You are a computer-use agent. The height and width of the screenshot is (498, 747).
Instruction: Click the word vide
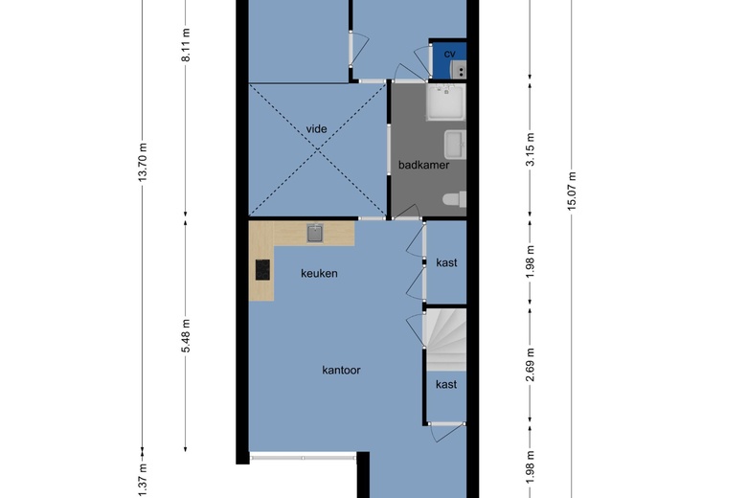coord(316,129)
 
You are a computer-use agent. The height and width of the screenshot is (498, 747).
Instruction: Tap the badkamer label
coord(423,165)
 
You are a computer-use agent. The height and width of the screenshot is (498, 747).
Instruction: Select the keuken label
coord(319,274)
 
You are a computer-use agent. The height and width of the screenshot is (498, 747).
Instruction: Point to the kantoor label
coord(341,371)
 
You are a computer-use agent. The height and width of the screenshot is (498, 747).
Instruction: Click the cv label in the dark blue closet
coord(449,54)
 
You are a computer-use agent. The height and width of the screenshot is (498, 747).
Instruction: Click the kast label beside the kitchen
coord(446,262)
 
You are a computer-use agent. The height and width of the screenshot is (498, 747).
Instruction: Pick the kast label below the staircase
coord(446,385)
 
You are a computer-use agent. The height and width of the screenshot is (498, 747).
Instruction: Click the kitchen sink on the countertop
coord(315,233)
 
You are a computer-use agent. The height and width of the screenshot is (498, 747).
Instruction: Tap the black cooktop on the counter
coord(262,270)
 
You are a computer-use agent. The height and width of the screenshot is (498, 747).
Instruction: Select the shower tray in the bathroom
coord(445,102)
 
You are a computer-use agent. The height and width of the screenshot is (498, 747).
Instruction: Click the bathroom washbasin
coord(455,145)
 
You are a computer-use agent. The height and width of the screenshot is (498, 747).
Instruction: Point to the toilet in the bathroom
coord(455,199)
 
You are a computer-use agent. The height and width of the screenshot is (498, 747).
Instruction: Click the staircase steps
coord(446,340)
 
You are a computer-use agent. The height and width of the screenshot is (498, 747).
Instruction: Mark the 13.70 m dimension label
coord(143,162)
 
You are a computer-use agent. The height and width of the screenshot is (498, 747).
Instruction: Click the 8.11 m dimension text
coord(186,45)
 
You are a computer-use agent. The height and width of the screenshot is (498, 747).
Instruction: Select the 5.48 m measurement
coord(186,335)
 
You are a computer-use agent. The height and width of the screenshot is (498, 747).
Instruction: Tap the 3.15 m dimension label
coord(531,149)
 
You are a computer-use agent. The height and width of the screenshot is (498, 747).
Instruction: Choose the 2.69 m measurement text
coord(531,365)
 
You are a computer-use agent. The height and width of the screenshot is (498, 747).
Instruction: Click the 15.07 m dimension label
coord(572,191)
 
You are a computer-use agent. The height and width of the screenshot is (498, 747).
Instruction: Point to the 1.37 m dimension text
coord(143,481)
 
